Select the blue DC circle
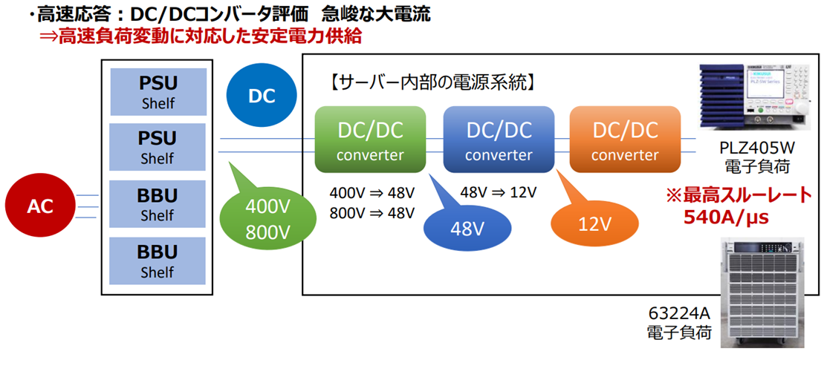pyautogui.click(x=261, y=96)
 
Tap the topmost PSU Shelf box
pyautogui.click(x=158, y=91)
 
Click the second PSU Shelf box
pyautogui.click(x=158, y=147)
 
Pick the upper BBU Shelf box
pyautogui.click(x=158, y=204)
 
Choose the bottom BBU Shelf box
pyautogui.click(x=158, y=261)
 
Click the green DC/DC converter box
pyautogui.click(x=370, y=140)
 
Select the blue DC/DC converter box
pyautogui.click(x=499, y=140)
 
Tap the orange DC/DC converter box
pyautogui.click(x=625, y=140)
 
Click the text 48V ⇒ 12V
pyautogui.click(x=498, y=193)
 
